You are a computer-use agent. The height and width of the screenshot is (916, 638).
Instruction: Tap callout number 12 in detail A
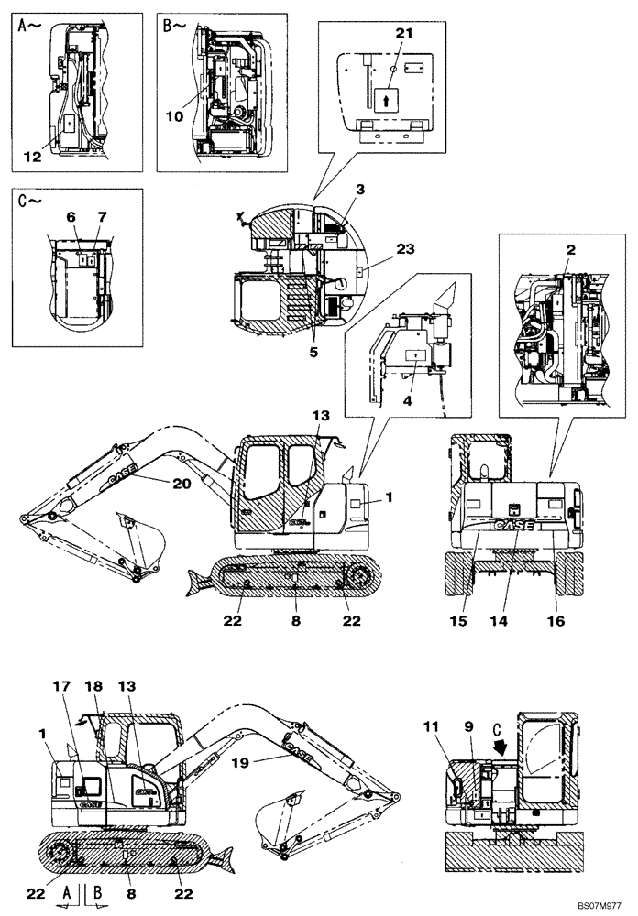click(33, 157)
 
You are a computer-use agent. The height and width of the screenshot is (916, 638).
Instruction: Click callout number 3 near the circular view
click(361, 189)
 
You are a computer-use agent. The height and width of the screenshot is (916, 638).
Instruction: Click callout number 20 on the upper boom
click(181, 484)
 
